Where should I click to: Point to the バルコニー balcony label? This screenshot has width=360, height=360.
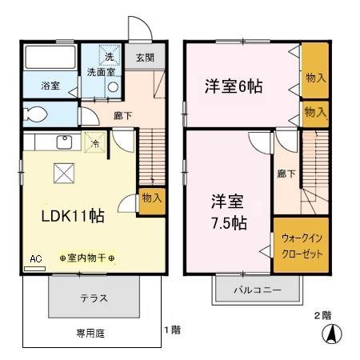pyautogui.click(x=257, y=290)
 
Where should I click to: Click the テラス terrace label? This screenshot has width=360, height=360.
pyautogui.click(x=94, y=298)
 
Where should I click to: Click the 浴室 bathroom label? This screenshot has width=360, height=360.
pyautogui.click(x=39, y=86)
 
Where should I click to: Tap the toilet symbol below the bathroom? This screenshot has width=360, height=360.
pyautogui.click(x=36, y=111)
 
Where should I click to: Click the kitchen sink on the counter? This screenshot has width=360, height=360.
pyautogui.click(x=62, y=143)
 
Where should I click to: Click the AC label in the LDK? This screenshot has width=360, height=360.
pyautogui.click(x=34, y=260)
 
